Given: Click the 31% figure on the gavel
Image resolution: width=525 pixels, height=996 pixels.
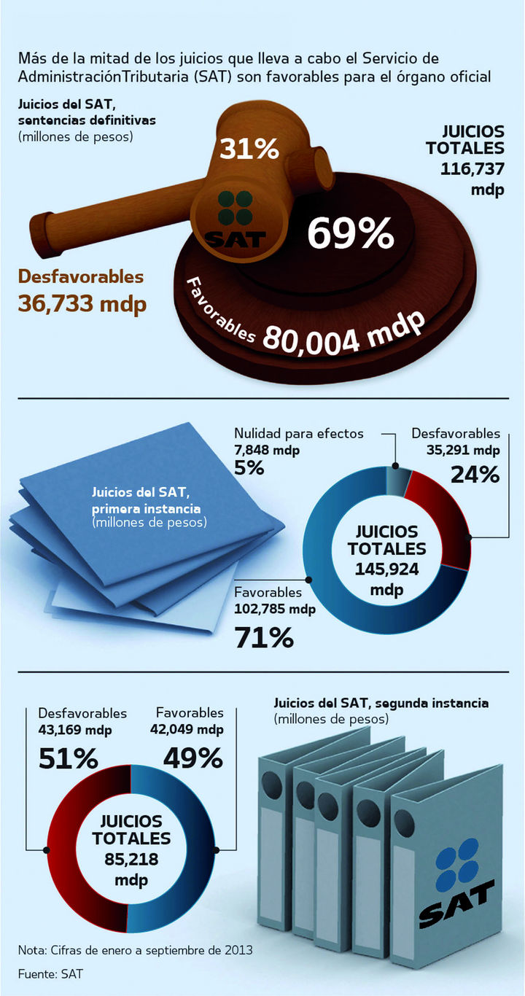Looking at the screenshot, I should [x=249, y=149].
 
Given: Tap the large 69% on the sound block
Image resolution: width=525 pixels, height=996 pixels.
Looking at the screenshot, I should [x=350, y=233].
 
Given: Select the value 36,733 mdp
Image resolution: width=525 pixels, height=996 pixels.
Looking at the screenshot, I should [x=82, y=303].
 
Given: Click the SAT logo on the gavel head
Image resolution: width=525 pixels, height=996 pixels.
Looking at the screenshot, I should [x=236, y=218].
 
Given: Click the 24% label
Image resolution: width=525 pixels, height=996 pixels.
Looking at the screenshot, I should [x=475, y=475].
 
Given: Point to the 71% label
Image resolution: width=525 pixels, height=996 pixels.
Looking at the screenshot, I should [x=264, y=638].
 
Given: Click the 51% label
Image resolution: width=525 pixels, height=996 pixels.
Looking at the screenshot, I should [x=68, y=759].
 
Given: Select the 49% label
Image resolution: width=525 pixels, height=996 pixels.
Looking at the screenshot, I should [x=192, y=759].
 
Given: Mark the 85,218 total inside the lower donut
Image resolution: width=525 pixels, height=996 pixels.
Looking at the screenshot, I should [x=131, y=860].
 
